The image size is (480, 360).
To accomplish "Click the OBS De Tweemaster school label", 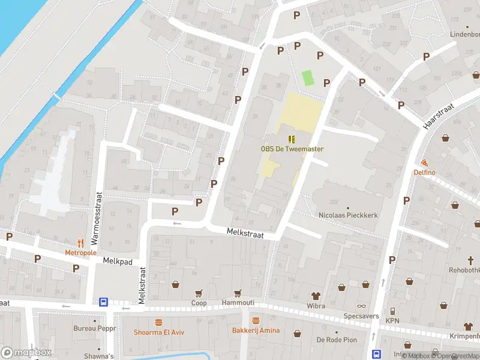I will [x=292, y=149].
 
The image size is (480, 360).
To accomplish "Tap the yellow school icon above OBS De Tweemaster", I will [x=292, y=139].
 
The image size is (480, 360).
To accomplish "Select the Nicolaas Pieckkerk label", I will [x=348, y=215].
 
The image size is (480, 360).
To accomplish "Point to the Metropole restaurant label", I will [x=81, y=253].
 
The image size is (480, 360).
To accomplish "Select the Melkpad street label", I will [x=116, y=261].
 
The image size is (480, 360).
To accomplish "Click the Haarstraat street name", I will [x=437, y=115].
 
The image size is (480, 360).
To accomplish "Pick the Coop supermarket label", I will [x=199, y=303].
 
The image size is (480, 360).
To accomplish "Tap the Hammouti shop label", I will [x=238, y=302].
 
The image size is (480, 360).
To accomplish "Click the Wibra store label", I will [x=316, y=306].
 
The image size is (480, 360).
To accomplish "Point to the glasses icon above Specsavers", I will [x=361, y=305].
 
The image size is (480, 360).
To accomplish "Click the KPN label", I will [x=392, y=321].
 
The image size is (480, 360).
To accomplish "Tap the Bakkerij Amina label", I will [x=256, y=331].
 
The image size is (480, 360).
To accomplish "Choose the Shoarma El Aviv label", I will [x=159, y=332].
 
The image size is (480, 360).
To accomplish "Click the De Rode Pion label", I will [x=337, y=340].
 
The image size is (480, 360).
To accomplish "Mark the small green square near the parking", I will [x=308, y=78].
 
